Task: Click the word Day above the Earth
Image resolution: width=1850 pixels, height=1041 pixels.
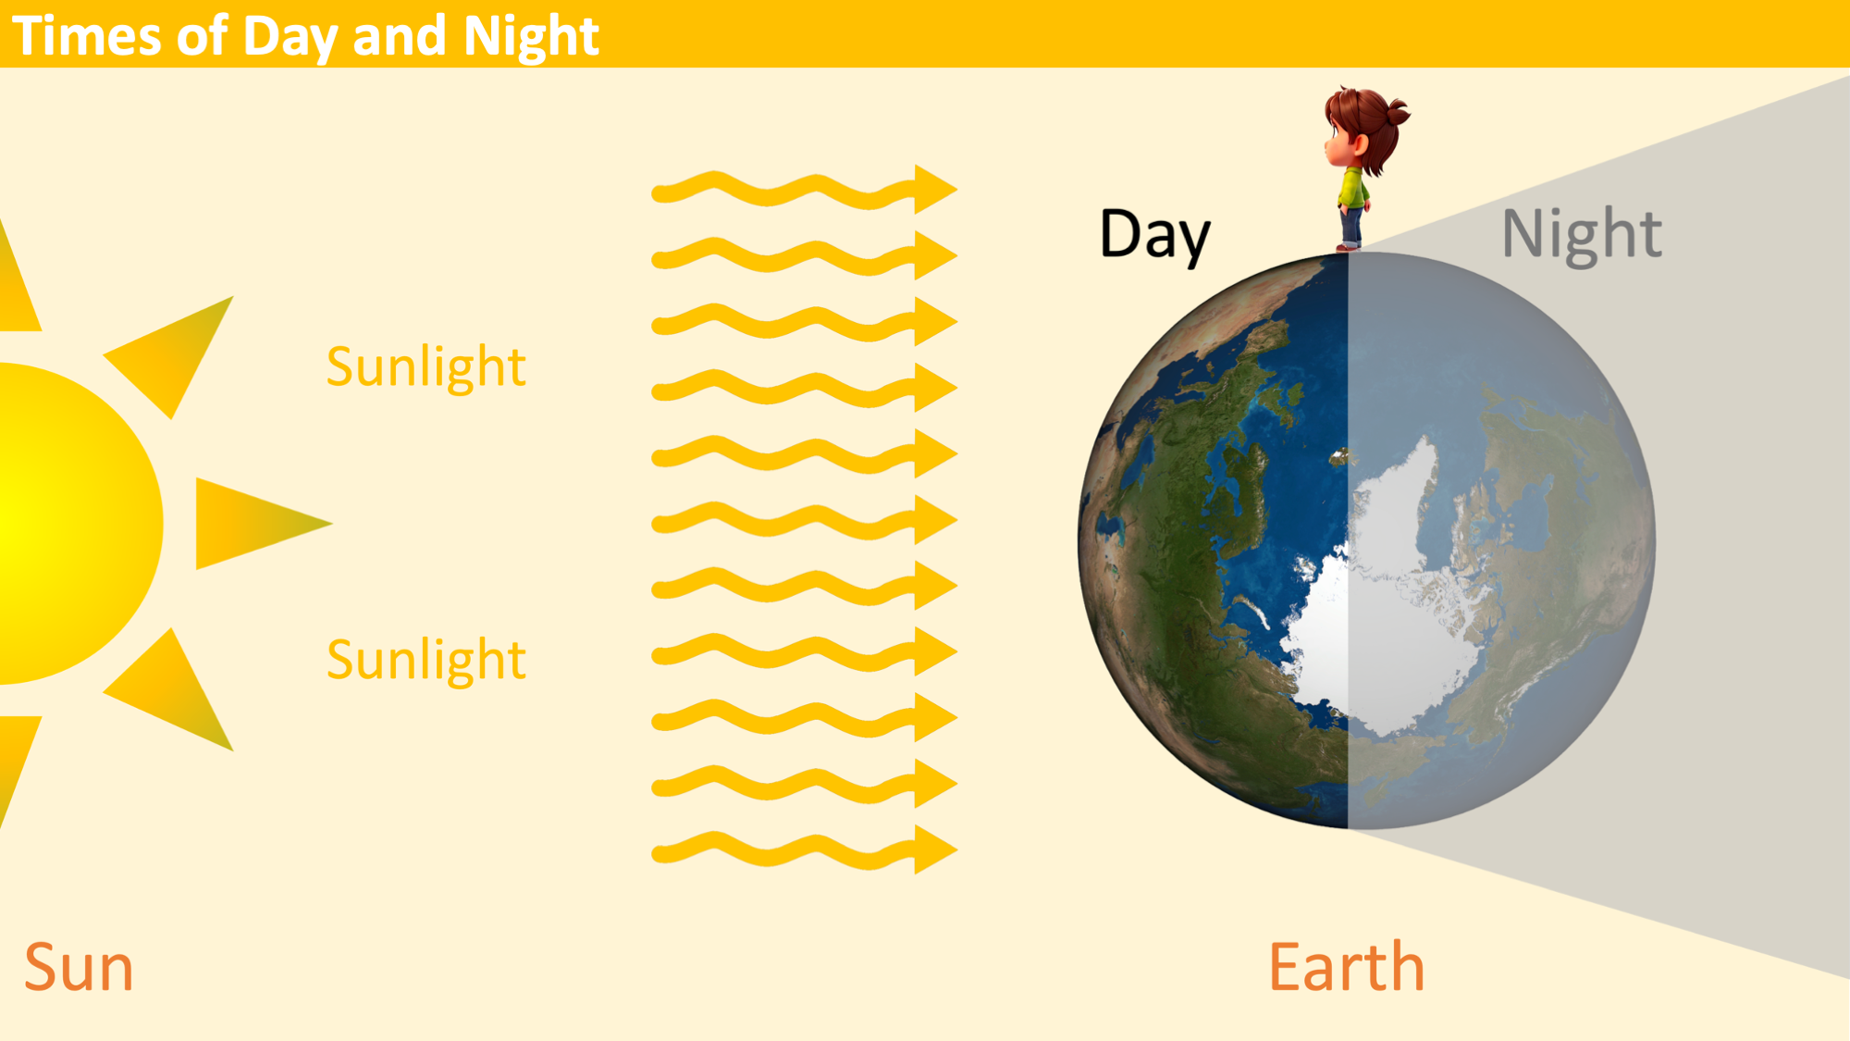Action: (1154, 235)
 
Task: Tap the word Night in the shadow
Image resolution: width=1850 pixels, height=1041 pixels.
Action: (1582, 235)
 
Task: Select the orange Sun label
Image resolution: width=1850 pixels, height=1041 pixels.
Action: (79, 968)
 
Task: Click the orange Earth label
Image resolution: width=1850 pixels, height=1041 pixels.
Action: (1346, 966)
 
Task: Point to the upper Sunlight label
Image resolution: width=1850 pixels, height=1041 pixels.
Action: (426, 366)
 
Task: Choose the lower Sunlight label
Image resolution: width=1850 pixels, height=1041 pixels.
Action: (426, 660)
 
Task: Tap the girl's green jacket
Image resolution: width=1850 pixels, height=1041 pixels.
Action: (1353, 188)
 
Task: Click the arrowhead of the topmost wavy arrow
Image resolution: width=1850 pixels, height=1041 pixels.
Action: (935, 189)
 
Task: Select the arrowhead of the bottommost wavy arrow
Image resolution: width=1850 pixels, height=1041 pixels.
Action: (935, 849)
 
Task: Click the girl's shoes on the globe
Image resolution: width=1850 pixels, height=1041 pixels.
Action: (1348, 245)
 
